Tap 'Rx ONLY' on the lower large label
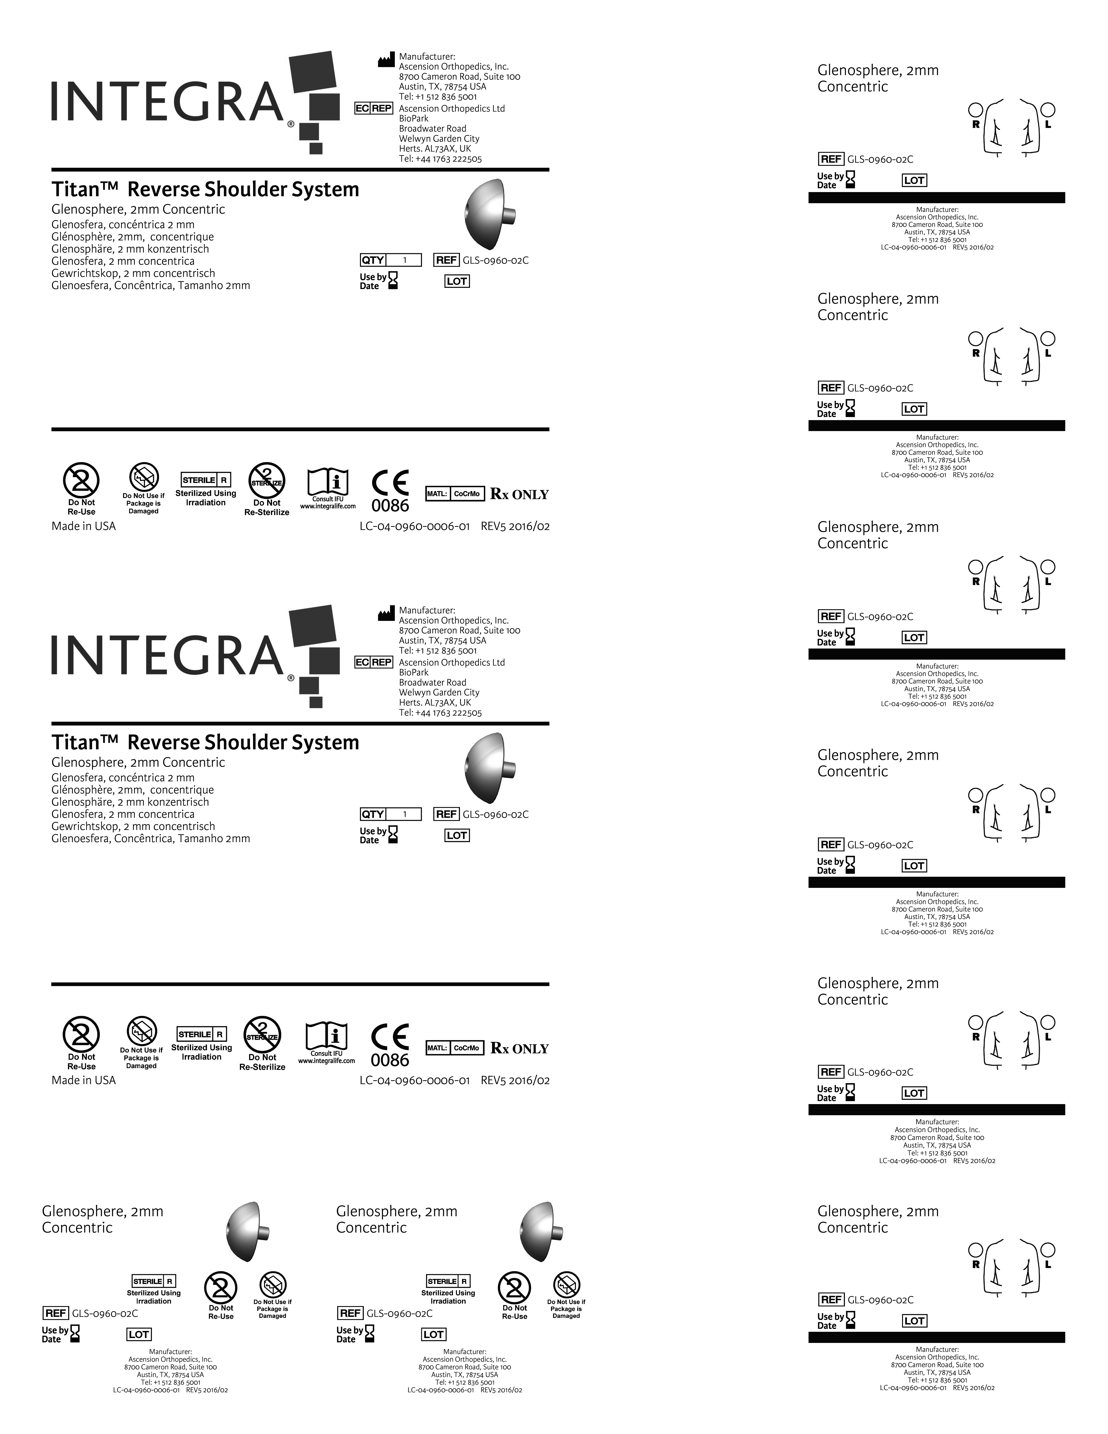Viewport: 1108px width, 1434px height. [519, 1049]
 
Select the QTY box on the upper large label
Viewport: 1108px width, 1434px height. [391, 260]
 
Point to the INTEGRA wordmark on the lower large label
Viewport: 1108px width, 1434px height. [167, 655]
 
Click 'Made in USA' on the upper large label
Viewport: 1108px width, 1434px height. [83, 526]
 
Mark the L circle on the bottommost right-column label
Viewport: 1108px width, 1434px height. [1048, 1250]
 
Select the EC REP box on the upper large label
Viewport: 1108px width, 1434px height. [374, 108]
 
